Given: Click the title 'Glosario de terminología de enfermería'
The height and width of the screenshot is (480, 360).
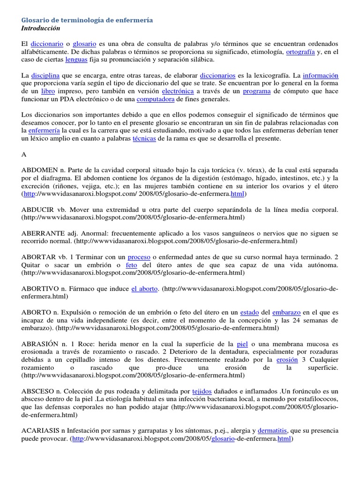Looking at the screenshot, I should [87, 21].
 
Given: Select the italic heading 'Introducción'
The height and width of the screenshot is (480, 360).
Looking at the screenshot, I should [41, 29].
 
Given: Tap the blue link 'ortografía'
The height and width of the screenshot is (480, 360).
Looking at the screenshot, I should [300, 52].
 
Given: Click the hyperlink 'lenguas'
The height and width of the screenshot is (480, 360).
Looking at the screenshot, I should [76, 60].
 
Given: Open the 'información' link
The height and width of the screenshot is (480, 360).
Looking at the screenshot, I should [321, 75].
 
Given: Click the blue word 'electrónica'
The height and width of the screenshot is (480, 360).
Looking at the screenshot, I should [177, 91].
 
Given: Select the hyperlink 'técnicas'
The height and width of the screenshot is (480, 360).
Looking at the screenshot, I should [144, 139].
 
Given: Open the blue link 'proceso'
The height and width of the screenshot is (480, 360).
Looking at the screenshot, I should [139, 257].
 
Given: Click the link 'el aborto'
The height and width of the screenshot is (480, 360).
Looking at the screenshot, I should [144, 288].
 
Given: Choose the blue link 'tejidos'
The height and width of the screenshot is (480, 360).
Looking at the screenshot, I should [202, 390].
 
